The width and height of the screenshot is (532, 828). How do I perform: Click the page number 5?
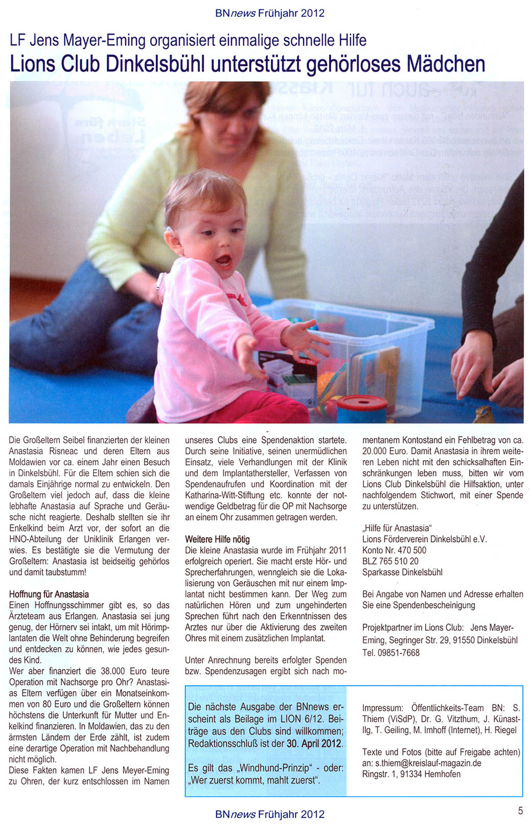(x=520, y=810)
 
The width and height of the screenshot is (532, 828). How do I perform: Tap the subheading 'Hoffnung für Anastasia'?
(x=49, y=594)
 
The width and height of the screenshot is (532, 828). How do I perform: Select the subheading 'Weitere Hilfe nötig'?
(x=217, y=539)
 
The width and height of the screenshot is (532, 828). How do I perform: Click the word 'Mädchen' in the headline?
(x=445, y=64)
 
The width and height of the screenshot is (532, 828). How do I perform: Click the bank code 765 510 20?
(x=399, y=561)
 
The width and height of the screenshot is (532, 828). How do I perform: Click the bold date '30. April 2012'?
(x=314, y=744)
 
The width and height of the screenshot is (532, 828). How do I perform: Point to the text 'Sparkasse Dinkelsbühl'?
(x=402, y=572)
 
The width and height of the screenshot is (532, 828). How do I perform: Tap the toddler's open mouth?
(x=223, y=262)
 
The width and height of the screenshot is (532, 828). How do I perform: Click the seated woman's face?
(x=239, y=125)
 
